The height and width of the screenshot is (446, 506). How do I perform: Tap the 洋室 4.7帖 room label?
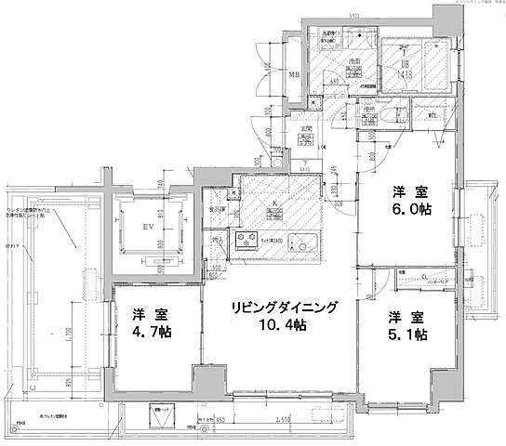(149, 321)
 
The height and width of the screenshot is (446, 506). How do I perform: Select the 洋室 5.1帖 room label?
(406, 324)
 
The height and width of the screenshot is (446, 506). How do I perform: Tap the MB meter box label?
(292, 74)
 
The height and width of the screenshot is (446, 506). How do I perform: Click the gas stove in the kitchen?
(247, 243)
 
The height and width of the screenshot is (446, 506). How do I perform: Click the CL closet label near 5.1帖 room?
(423, 277)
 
